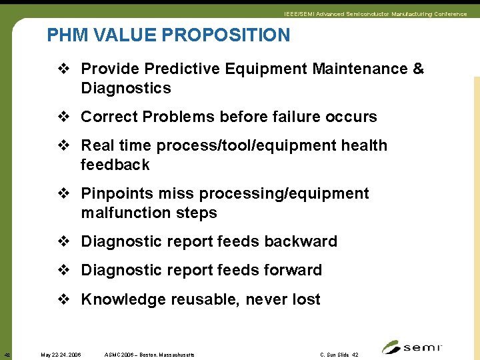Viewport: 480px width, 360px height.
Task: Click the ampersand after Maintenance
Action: [418, 69]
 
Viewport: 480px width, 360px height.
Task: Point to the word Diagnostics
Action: [126, 88]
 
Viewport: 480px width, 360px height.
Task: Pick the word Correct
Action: [107, 117]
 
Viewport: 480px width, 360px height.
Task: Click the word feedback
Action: [115, 165]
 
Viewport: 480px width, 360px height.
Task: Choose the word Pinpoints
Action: [117, 193]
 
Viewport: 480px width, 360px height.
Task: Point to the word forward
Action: [293, 270]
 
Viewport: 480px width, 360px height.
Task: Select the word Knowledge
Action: [123, 299]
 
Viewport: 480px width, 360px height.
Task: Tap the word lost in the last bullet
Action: [306, 299]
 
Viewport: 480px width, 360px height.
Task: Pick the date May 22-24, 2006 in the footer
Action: [61, 355]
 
